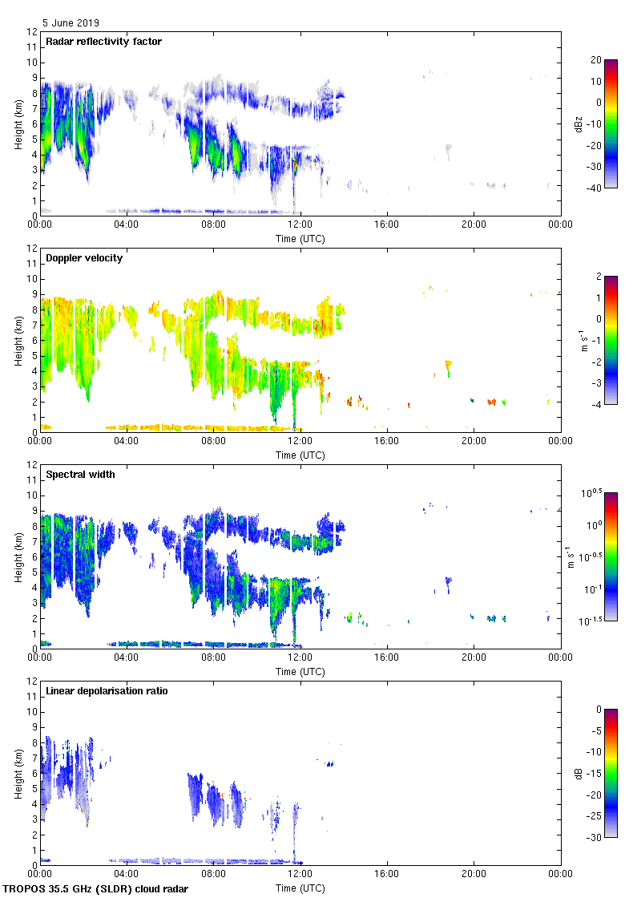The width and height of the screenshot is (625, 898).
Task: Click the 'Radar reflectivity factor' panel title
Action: point(104,42)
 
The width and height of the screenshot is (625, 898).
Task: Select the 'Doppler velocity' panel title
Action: point(84,258)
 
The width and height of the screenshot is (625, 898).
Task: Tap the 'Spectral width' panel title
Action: point(81,475)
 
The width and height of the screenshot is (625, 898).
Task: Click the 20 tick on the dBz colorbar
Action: point(596,60)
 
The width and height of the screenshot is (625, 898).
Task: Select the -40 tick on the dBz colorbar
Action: point(596,188)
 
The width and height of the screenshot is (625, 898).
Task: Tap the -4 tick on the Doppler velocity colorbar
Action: point(596,404)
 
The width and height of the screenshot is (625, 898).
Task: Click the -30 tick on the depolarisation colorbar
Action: point(596,837)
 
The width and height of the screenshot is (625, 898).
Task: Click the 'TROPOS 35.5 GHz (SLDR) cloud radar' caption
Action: point(96,888)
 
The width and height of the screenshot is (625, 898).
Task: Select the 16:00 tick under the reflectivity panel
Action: point(387,224)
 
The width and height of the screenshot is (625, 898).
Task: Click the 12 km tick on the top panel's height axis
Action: point(33,32)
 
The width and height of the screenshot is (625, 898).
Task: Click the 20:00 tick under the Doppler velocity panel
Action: point(474,441)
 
